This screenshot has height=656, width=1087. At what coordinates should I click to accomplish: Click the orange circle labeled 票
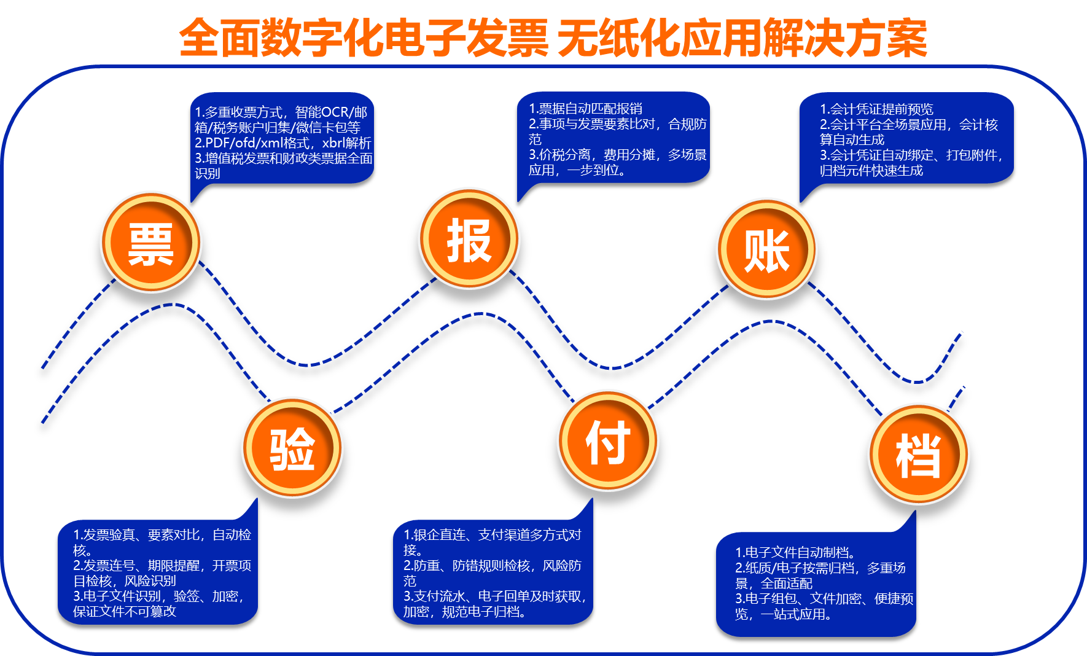151,242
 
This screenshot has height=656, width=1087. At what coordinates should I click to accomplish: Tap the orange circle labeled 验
292,448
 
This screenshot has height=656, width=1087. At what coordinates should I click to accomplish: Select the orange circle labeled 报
469,239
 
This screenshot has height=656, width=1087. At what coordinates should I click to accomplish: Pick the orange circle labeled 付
608,440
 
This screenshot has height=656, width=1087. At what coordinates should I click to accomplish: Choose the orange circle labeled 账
767,249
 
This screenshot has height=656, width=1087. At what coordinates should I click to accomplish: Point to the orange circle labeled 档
918,454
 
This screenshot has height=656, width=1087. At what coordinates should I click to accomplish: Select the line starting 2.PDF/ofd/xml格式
283,143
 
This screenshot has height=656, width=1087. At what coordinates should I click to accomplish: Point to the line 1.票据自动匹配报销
586,109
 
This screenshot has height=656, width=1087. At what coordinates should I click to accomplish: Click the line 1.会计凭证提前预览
876,109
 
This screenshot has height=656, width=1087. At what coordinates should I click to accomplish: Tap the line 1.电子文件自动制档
795,552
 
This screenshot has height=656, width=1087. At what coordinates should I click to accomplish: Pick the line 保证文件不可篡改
125,611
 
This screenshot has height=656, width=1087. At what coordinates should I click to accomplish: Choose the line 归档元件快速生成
871,171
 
